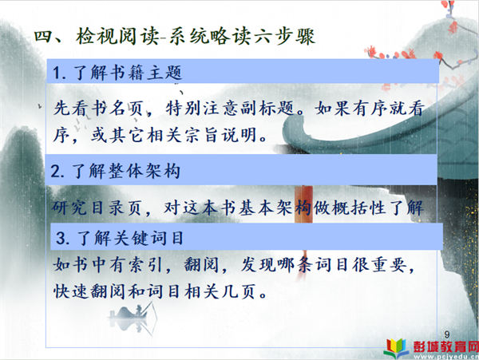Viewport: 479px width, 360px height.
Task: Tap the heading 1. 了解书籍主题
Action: coord(117,73)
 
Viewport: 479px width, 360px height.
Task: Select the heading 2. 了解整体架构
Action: coord(115,171)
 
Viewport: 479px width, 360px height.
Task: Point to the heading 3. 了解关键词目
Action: coord(120,238)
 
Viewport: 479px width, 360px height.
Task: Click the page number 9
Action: coord(447,334)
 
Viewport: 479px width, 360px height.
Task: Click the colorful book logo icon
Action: coord(396,348)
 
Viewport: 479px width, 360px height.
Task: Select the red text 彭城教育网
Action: coord(445,346)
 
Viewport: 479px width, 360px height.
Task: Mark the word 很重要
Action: coord(379,264)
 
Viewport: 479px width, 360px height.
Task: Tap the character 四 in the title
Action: coord(44,37)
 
